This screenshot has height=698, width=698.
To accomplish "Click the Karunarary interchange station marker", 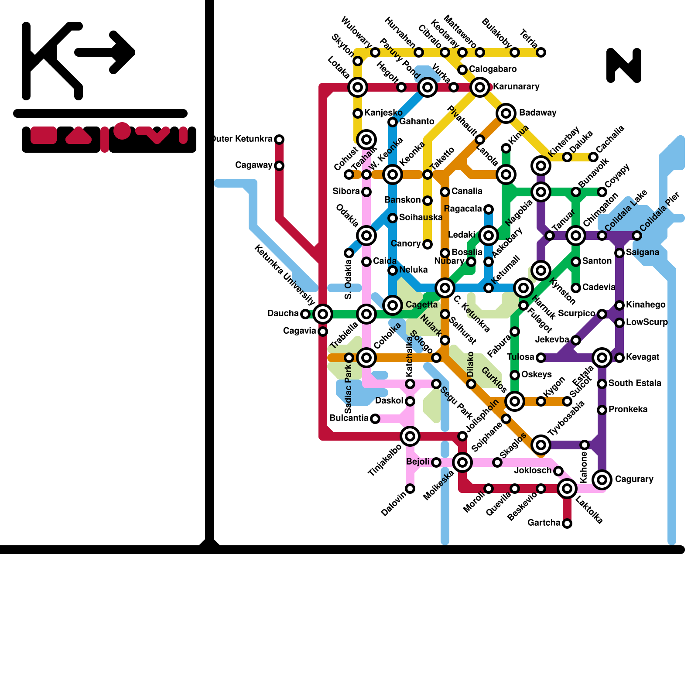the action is tap(480, 87).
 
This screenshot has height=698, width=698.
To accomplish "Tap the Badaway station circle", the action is tap(506, 113).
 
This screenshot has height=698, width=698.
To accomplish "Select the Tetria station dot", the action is tap(541, 52).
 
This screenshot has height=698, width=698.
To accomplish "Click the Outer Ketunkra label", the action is tap(243, 139).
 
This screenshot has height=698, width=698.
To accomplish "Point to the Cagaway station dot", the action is tap(279, 166).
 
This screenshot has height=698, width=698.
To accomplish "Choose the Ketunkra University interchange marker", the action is tap(323, 314).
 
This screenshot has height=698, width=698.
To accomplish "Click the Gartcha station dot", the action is tap(567, 523).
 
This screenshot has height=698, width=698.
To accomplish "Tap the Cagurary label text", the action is tap(634, 479).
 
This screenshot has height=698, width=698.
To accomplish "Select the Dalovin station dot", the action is tap(410, 489).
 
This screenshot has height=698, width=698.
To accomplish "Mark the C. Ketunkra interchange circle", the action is tap(445, 288).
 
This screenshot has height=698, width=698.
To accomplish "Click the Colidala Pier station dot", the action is tap(637, 236).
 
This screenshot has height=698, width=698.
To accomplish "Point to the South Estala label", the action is tap(635, 383).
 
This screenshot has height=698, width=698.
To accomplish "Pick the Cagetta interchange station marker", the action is tap(393, 305).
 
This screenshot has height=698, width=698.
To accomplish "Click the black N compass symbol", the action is tap(624, 65).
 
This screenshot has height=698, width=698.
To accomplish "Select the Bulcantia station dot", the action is tap(375, 419).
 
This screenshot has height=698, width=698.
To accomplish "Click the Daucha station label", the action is tap(283, 314).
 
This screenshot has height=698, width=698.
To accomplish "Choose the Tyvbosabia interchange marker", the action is tap(541, 445).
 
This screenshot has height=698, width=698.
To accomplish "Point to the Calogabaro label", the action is tap(493, 69).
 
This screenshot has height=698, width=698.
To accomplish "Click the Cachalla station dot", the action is tap(593, 157).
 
